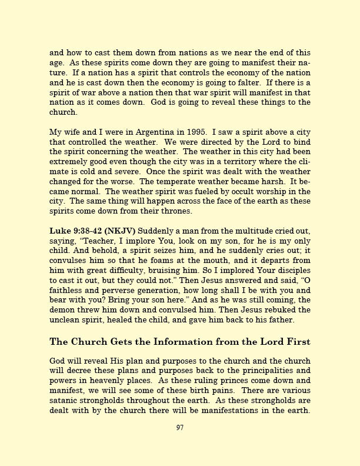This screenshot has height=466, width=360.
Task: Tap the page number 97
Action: (180, 428)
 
